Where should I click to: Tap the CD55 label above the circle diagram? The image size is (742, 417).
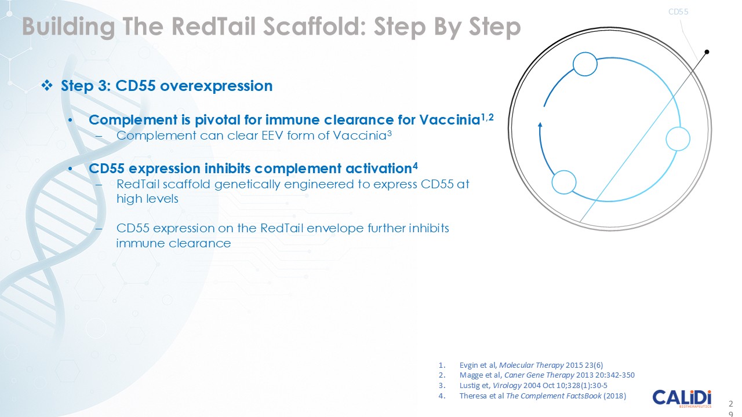[x=678, y=11]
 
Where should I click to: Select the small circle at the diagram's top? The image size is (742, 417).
[x=584, y=64]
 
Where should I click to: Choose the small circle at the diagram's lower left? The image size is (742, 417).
[x=563, y=183]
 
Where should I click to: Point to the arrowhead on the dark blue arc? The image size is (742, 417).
[x=540, y=123]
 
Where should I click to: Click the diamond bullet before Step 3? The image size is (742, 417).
[x=47, y=86]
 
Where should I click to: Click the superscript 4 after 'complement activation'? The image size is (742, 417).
[x=415, y=167]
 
